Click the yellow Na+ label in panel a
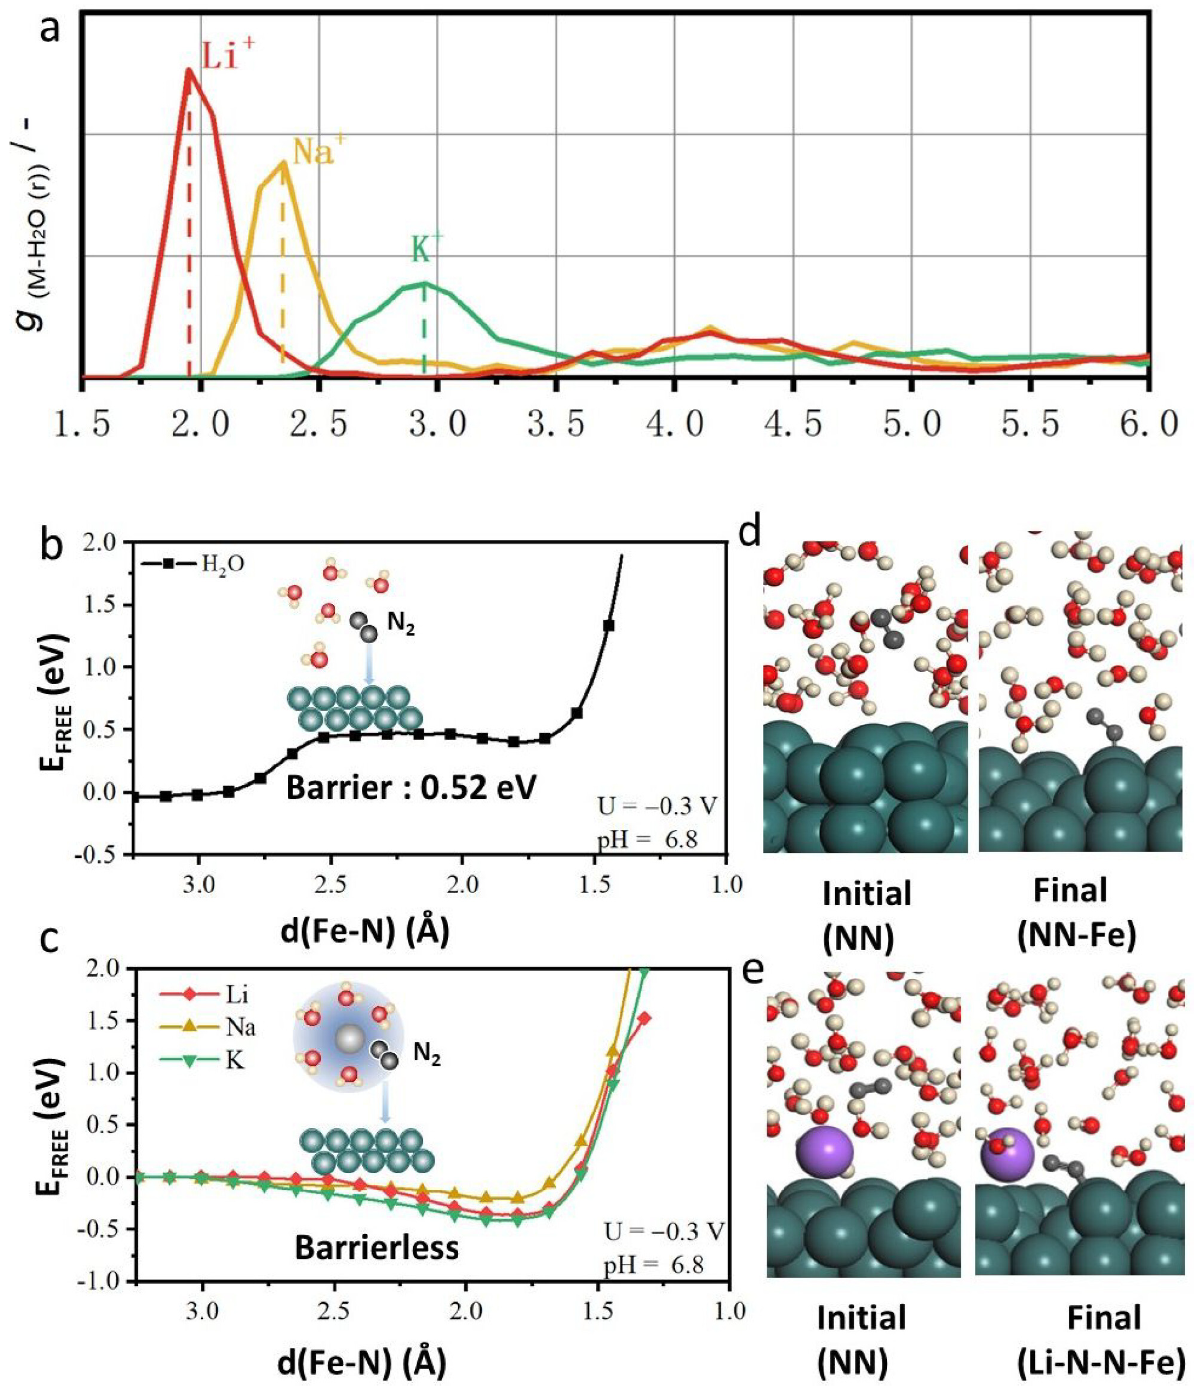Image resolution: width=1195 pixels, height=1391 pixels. (314, 152)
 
